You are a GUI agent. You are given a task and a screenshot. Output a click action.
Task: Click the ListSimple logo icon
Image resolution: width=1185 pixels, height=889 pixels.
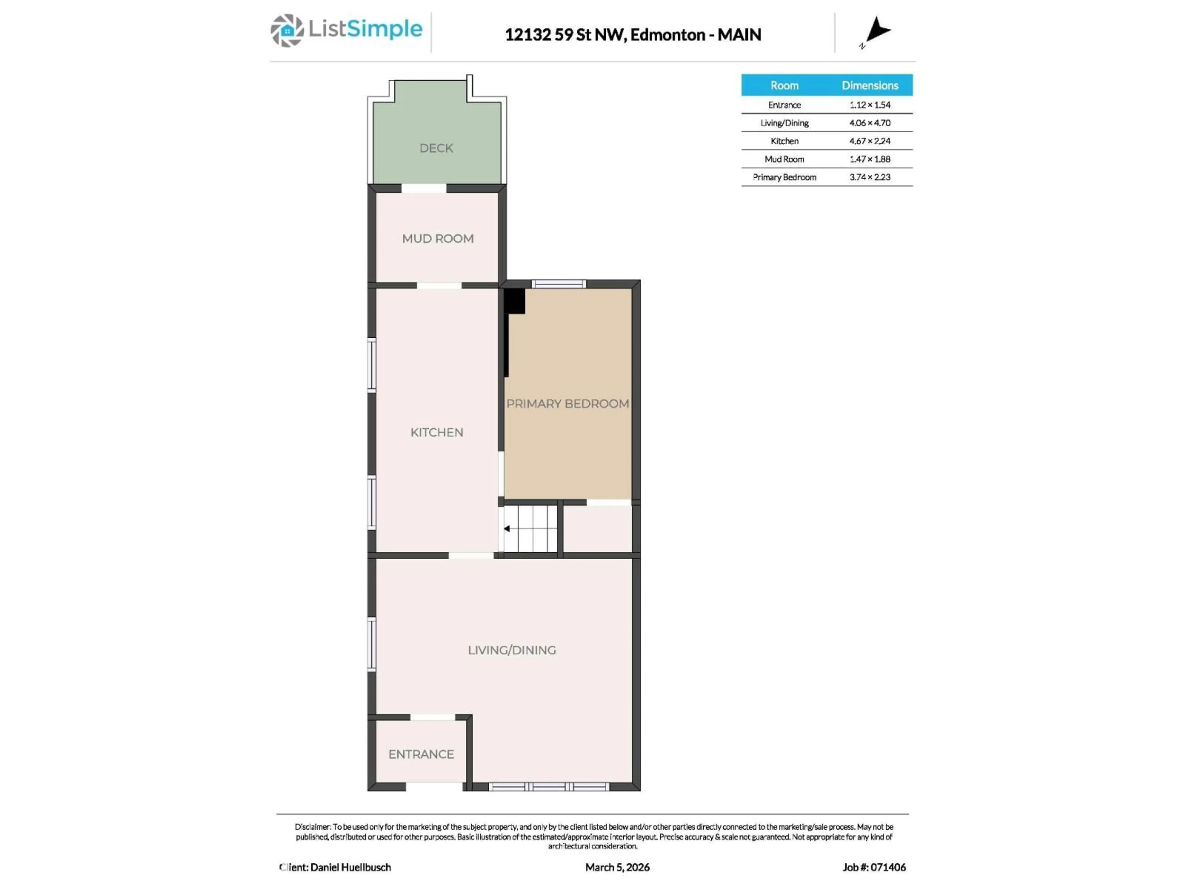287,31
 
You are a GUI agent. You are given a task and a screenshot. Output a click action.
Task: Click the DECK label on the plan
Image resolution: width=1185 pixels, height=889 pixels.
436,148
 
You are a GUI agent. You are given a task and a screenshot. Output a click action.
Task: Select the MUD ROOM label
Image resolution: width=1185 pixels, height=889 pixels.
438,239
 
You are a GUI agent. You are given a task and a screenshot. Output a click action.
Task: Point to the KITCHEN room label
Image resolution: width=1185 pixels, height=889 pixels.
437,432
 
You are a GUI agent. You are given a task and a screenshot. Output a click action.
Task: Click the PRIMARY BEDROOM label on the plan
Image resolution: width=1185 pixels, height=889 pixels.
567,403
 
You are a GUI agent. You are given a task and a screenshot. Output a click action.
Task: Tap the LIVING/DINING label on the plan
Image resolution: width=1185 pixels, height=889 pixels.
512,650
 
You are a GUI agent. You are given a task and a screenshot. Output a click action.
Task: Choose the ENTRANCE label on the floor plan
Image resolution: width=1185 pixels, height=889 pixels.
421,754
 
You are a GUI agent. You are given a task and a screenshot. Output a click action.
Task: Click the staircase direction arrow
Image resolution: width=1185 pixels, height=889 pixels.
507,528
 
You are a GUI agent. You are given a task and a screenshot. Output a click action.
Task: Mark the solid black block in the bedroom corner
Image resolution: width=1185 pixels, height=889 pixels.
515,301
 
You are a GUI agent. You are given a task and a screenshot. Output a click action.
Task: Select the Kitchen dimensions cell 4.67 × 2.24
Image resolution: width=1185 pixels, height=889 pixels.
870,141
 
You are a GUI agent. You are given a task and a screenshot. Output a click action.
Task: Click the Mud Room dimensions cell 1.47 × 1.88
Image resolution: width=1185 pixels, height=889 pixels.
870,159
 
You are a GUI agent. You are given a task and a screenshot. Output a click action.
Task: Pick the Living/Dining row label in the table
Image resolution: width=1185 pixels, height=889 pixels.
784,123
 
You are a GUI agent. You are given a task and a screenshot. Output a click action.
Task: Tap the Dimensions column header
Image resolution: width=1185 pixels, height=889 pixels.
870,85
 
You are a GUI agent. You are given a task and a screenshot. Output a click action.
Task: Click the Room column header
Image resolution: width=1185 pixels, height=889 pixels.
784,85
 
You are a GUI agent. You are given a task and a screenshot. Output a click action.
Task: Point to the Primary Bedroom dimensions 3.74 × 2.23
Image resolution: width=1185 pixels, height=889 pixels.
870,177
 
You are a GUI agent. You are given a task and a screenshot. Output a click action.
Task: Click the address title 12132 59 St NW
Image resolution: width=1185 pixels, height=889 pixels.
565,35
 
